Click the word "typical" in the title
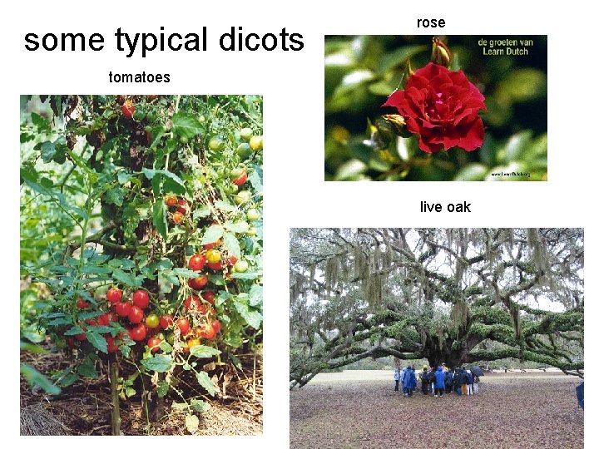[161, 40]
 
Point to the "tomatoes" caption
[139, 77]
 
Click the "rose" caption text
[431, 22]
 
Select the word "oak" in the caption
[458, 207]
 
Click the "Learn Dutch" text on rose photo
[505, 52]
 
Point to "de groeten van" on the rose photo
[504, 42]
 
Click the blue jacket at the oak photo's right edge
[580, 395]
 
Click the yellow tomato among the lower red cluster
[152, 321]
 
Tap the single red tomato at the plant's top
[128, 109]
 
